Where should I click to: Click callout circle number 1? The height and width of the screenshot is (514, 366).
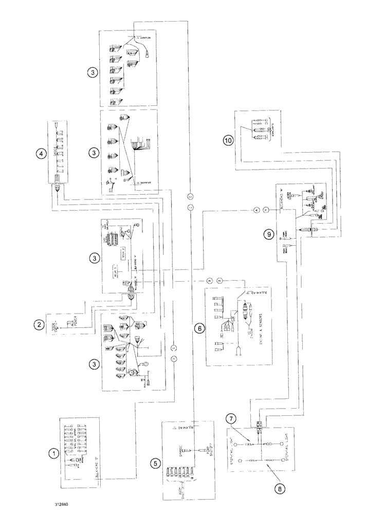52,453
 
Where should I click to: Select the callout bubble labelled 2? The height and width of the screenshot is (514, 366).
38,324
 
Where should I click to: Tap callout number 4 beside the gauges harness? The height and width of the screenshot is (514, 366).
38,153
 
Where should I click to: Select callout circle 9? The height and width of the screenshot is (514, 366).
269,233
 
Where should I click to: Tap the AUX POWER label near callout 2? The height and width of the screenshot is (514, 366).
61,324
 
